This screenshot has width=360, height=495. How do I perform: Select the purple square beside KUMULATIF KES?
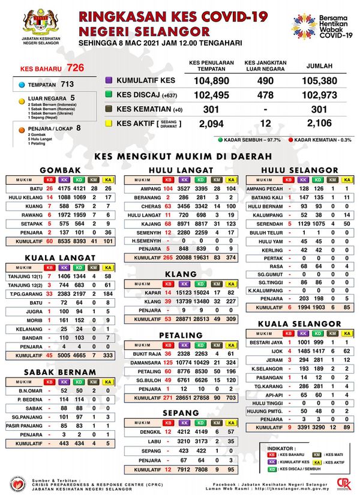pyautogui.click(x=109, y=80)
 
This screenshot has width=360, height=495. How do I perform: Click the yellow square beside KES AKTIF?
pyautogui.click(x=109, y=123)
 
